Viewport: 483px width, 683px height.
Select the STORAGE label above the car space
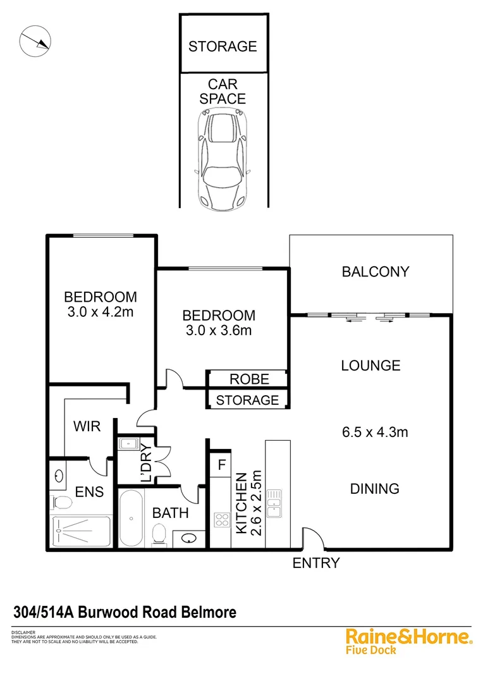point(223,46)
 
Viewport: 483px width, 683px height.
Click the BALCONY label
point(376,272)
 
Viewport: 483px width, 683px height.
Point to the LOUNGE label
point(370,366)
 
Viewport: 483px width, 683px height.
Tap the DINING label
point(375,489)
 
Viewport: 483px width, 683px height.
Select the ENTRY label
point(316,563)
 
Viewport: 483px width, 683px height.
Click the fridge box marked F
point(221,465)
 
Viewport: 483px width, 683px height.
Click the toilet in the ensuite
point(62,503)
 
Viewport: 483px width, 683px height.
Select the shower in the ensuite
point(81,531)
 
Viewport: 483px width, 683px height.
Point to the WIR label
point(87,426)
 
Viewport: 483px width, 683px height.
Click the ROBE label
point(249,379)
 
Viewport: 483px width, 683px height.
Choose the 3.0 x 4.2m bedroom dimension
point(100,311)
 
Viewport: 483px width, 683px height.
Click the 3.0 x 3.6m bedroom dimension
point(219,330)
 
